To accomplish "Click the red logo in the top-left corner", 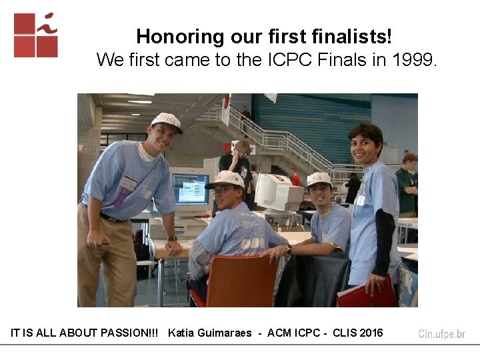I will [x=35, y=35].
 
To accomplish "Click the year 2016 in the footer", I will [x=371, y=333].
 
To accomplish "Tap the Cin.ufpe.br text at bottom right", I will [x=442, y=334].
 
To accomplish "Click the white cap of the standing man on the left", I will [x=165, y=121].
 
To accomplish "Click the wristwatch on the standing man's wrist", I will [x=172, y=238].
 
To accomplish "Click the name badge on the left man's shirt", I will [x=128, y=183].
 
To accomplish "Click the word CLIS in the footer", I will [x=342, y=333].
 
